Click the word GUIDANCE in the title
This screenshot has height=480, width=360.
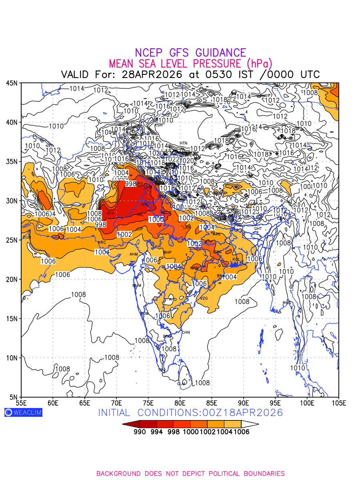coord(220,53)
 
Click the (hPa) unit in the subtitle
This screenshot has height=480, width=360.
coord(259,64)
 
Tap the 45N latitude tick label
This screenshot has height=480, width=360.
coord(12,83)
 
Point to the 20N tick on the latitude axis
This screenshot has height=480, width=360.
coord(12,279)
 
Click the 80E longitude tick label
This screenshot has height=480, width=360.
coord(180,402)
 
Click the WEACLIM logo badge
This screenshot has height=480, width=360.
coord(23,412)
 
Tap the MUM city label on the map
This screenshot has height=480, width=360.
coord(137,285)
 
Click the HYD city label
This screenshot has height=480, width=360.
coord(173,300)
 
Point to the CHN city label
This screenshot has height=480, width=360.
coord(186,332)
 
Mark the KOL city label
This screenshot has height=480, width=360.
coord(236,259)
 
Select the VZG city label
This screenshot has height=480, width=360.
coord(204,298)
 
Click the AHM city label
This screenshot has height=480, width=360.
coord(134,254)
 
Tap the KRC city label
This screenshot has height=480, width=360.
coord(102,242)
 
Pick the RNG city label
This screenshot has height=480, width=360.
coord(287,303)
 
